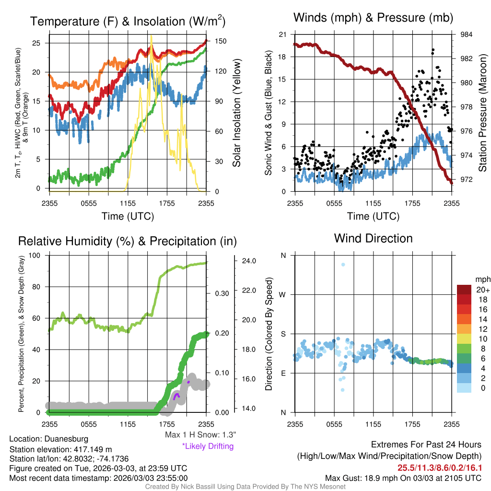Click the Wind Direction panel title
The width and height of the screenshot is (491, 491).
click(x=373, y=238)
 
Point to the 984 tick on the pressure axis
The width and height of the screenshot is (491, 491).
click(x=466, y=35)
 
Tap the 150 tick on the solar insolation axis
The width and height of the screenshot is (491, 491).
click(x=221, y=41)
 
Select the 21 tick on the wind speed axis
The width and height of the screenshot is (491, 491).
click(x=283, y=35)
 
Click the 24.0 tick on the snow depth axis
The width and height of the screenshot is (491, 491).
click(x=249, y=261)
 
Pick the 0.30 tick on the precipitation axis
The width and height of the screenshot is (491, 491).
click(x=222, y=293)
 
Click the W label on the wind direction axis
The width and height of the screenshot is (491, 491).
click(x=282, y=295)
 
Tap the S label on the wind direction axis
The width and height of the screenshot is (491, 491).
click(x=283, y=334)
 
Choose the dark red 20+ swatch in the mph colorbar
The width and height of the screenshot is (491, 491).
click(x=464, y=290)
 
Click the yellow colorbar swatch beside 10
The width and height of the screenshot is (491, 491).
click(x=464, y=339)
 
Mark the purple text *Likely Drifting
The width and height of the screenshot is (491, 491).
click(x=208, y=446)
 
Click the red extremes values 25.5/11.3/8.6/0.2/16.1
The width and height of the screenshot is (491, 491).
click(x=440, y=468)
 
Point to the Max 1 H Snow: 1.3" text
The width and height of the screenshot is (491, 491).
click(x=200, y=434)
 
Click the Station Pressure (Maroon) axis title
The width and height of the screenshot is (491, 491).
click(x=482, y=113)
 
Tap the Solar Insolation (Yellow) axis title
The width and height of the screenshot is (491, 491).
click(x=237, y=113)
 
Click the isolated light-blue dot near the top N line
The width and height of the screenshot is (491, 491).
click(x=343, y=265)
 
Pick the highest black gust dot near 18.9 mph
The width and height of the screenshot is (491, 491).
click(x=433, y=50)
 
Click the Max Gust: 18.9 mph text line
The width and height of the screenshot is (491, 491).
click(x=403, y=478)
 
